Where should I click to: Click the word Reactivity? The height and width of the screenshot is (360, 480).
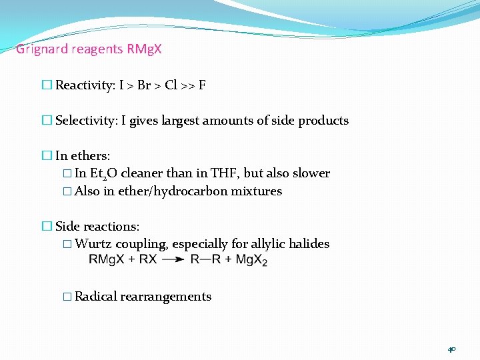click(x=84, y=85)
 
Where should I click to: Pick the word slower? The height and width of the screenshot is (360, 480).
click(x=309, y=173)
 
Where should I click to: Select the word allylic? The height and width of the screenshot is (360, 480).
click(x=269, y=244)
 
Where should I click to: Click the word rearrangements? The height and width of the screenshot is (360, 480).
click(x=166, y=297)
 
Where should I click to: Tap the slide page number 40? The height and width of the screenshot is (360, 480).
click(x=451, y=349)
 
